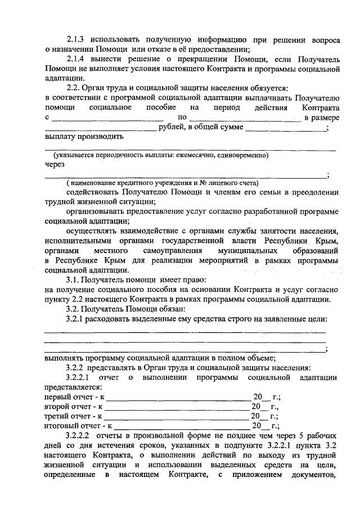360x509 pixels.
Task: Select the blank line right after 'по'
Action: click(245, 120)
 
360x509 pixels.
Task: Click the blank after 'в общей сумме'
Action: click(285, 129)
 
